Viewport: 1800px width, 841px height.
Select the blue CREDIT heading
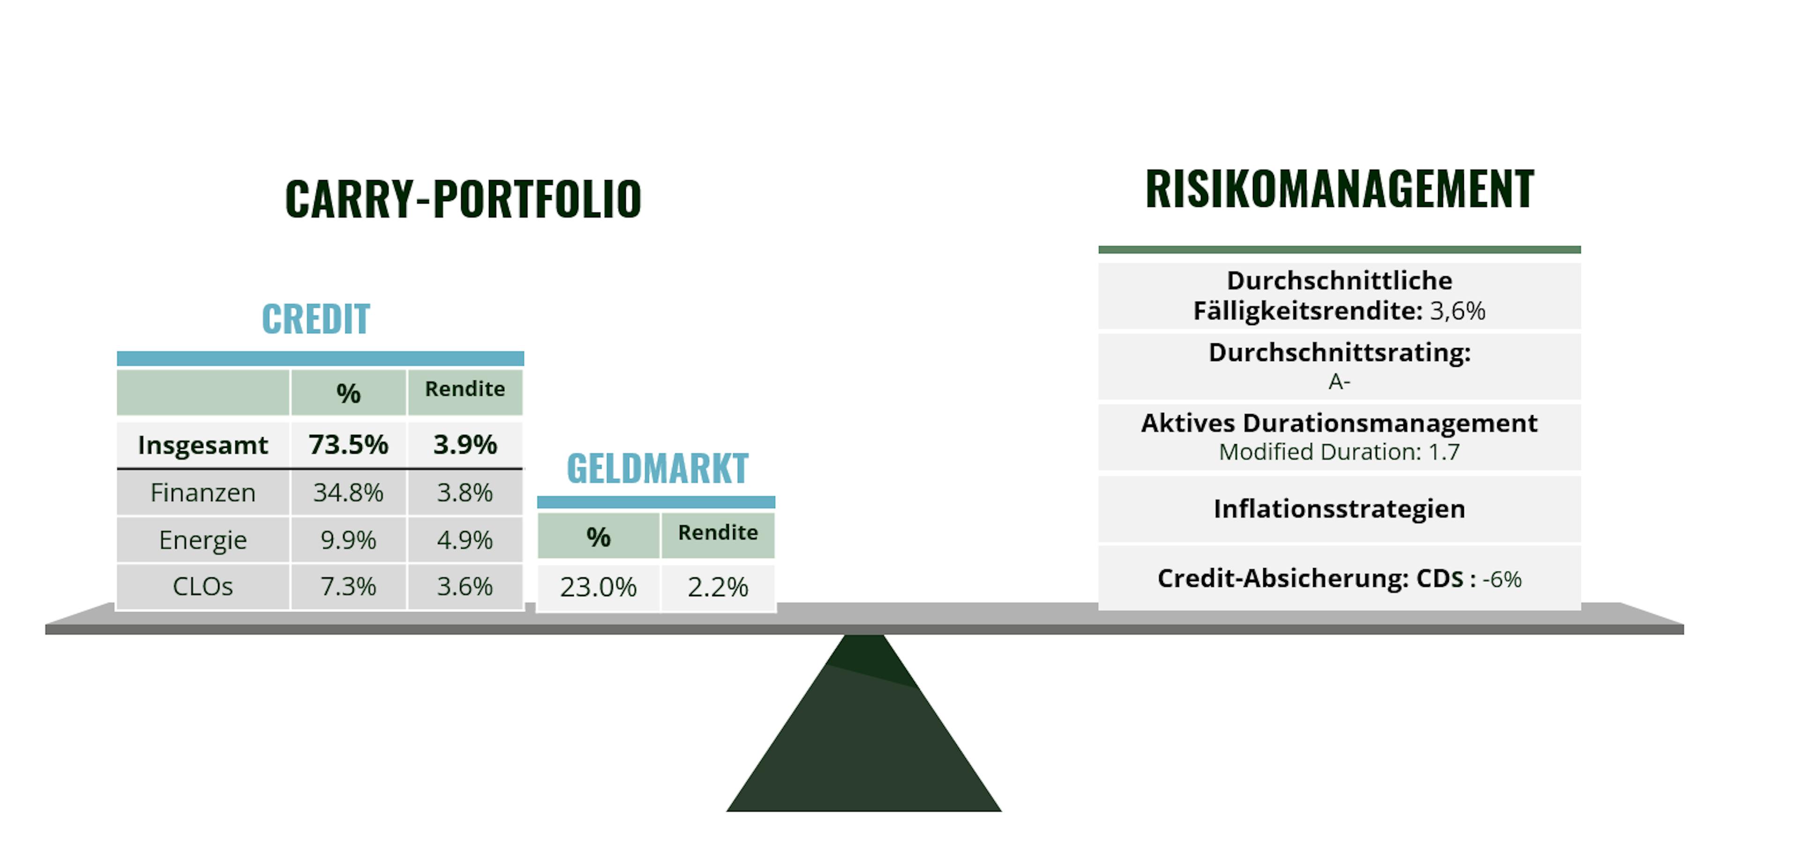click(x=316, y=319)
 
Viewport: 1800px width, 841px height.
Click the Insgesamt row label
click(x=202, y=445)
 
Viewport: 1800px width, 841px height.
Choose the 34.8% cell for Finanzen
click(x=348, y=493)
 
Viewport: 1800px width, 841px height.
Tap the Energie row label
click(x=202, y=540)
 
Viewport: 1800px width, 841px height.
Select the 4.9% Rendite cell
click(x=465, y=540)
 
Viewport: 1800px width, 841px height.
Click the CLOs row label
click(x=202, y=586)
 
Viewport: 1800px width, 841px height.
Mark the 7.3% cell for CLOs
click(x=348, y=586)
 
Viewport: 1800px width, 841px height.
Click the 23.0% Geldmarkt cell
click(x=598, y=587)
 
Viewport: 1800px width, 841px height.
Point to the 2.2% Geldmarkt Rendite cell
click(x=718, y=587)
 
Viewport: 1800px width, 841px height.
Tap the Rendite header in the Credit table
click(x=465, y=389)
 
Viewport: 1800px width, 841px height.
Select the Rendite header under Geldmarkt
click(x=718, y=533)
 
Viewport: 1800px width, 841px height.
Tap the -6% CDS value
click(x=1501, y=580)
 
